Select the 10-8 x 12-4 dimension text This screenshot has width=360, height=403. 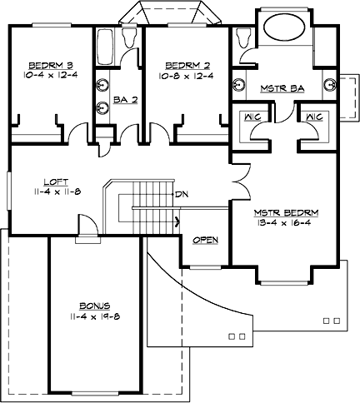[185, 74]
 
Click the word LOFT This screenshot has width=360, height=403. [56, 179]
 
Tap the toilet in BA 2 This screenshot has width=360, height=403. [128, 37]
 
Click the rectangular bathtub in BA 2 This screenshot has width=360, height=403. [106, 45]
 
